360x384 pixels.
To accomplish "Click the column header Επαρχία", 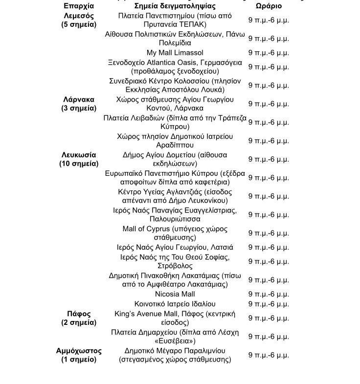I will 79,6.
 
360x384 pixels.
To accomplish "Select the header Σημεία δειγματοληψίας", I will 175,6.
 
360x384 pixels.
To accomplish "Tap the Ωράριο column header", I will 269,6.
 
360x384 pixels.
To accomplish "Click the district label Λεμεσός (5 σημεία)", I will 79,20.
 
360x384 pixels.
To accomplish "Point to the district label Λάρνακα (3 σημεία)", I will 79,104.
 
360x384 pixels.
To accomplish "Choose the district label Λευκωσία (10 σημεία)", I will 79,159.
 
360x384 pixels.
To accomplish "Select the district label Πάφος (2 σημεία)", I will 79,318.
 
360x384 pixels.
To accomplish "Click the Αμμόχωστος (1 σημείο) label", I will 79,355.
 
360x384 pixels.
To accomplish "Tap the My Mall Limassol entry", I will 175,52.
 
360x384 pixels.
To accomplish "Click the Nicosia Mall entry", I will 175,294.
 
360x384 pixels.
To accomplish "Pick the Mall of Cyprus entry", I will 175,233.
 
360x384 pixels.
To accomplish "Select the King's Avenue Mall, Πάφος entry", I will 175,318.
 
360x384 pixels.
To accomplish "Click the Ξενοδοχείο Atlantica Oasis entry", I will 175,66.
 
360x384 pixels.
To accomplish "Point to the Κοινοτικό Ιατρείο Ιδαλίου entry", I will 175,304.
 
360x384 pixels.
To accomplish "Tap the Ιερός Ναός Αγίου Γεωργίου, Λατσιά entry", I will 175,247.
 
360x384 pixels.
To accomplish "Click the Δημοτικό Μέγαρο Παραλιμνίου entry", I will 175,355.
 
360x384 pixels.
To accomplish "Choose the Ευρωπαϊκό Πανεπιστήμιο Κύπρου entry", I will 175,178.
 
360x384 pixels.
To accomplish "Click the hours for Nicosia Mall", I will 269,294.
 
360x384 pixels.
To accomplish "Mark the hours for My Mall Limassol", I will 269,53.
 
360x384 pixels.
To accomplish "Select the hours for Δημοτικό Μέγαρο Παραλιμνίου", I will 269,355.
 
